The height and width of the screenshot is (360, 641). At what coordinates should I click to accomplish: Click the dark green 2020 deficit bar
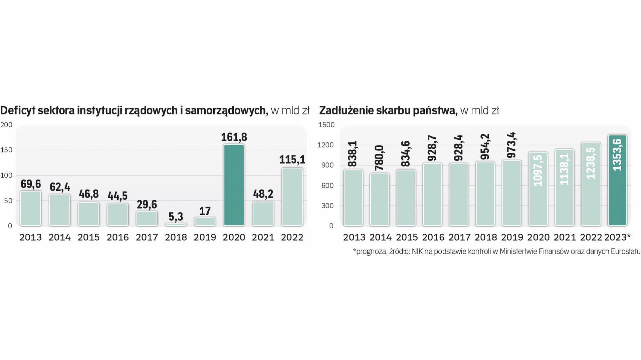click(x=234, y=185)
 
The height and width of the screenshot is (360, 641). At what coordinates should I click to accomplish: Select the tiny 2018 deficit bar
click(x=176, y=225)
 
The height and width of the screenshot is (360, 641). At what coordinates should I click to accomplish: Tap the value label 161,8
click(x=234, y=137)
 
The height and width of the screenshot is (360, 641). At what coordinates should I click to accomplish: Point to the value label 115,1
click(x=292, y=159)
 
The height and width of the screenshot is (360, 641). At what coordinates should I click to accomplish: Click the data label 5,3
click(x=176, y=217)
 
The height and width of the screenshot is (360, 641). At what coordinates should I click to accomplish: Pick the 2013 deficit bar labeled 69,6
click(x=31, y=208)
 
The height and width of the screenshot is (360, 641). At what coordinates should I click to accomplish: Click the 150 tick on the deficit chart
click(x=6, y=150)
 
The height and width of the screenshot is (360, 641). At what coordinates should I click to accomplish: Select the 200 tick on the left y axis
click(x=6, y=125)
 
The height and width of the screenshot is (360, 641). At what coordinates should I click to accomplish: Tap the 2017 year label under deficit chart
click(x=147, y=237)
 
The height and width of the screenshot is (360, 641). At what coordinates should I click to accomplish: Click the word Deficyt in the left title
click(x=18, y=110)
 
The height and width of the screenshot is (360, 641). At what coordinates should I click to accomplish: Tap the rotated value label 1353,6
click(x=618, y=155)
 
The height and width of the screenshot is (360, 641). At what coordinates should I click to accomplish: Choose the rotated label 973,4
click(x=511, y=145)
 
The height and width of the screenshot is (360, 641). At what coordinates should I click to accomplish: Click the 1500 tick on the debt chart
click(x=326, y=125)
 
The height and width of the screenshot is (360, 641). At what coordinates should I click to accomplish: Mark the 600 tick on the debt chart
click(x=328, y=186)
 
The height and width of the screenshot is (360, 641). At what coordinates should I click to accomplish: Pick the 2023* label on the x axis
click(x=617, y=237)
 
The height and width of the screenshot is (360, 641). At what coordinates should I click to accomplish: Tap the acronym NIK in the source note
click(x=417, y=252)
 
